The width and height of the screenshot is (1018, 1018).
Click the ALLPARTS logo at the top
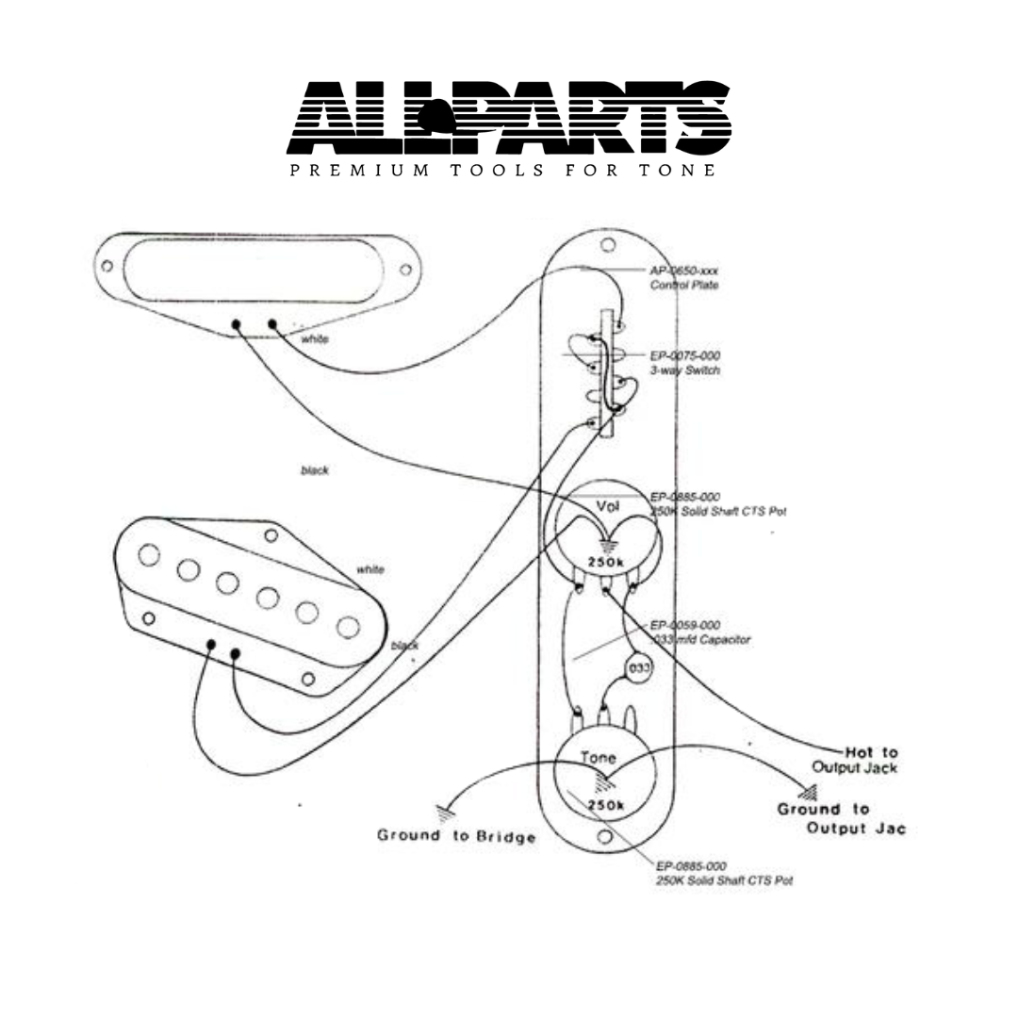point(509,117)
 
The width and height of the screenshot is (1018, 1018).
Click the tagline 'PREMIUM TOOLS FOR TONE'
point(502,171)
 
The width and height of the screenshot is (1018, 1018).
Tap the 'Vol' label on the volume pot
point(608,506)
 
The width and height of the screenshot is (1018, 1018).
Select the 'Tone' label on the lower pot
point(598,757)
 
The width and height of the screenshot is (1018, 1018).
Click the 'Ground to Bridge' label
point(456,835)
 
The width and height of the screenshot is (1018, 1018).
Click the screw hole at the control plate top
point(608,245)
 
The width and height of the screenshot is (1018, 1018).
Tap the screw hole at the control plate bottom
point(605,836)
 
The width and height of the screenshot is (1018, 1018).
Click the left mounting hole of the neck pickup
point(107,266)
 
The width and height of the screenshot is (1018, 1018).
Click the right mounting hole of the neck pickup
point(405,270)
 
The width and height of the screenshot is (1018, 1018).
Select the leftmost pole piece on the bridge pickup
point(149,555)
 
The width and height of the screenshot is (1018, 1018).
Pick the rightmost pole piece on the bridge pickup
point(348,625)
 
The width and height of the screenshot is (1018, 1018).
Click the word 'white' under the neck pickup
point(315,338)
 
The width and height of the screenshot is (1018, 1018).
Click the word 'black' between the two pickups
point(315,469)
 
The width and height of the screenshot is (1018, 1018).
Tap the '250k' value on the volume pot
point(606,562)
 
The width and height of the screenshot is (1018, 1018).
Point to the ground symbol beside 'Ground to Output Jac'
point(806,792)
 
